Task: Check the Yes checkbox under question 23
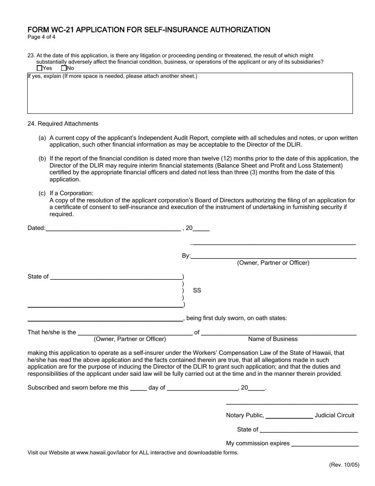(x=39, y=68)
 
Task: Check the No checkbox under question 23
(x=64, y=68)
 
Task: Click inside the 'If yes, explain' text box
(x=189, y=95)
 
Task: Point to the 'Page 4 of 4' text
(x=41, y=38)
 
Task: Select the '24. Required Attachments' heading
(x=63, y=124)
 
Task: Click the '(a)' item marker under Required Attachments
(x=42, y=138)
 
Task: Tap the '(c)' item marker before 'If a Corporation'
(x=42, y=193)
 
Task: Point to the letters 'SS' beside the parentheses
(x=197, y=290)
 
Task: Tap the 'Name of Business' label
(x=273, y=339)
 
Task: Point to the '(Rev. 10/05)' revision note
(x=344, y=465)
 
